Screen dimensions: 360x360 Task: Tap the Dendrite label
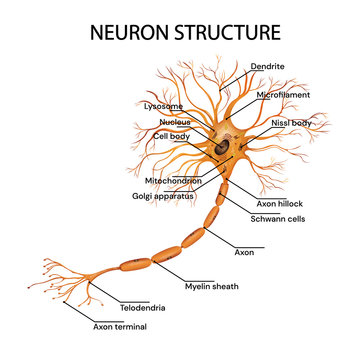[267, 66]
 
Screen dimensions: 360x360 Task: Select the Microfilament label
[283, 95]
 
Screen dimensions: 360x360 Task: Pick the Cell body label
[171, 135]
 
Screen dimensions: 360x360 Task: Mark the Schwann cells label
[277, 218]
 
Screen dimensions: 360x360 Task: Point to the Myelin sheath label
[210, 285]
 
